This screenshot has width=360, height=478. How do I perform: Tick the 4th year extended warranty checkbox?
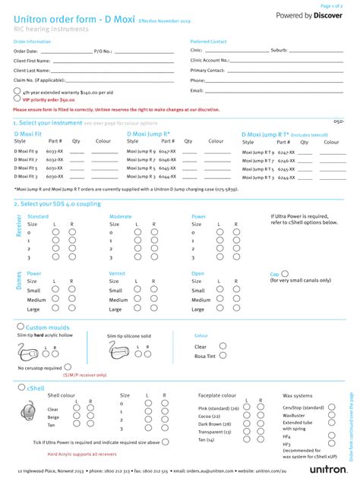point(18,90)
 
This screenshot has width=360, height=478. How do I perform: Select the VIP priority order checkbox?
point(18,99)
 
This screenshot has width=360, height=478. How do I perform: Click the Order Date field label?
point(27,51)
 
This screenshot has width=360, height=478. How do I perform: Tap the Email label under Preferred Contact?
point(197,90)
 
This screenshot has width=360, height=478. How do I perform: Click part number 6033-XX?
point(54,160)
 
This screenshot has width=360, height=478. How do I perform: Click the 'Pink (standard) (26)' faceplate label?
point(218,409)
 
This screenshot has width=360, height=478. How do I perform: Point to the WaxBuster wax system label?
point(295,415)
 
